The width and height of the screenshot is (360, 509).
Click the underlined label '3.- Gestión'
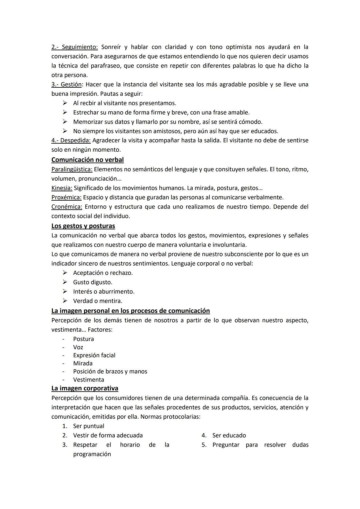coord(66,84)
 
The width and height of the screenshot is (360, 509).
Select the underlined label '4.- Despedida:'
coord(71,140)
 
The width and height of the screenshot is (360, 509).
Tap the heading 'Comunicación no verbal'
coord(87,160)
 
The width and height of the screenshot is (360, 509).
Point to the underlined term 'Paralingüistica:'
coord(72,169)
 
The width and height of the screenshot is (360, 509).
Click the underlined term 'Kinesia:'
coord(62,188)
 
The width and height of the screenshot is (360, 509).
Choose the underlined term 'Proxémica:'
coord(66,197)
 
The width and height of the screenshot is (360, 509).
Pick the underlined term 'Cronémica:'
coord(67,207)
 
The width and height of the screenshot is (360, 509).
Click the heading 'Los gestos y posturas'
coord(83,226)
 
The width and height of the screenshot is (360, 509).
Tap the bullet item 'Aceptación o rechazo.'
coord(103,273)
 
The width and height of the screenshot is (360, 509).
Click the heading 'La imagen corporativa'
coord(85,388)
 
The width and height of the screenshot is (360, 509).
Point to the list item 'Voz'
coord(78,347)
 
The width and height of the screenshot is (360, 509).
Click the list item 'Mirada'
coord(83,363)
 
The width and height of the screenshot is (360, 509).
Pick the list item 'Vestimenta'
coord(88,380)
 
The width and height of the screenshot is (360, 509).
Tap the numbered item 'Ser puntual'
coord(88,426)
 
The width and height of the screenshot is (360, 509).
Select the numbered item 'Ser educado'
coord(229,435)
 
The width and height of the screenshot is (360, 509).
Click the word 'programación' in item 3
coord(92,454)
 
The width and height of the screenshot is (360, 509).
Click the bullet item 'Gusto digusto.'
coord(92,282)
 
